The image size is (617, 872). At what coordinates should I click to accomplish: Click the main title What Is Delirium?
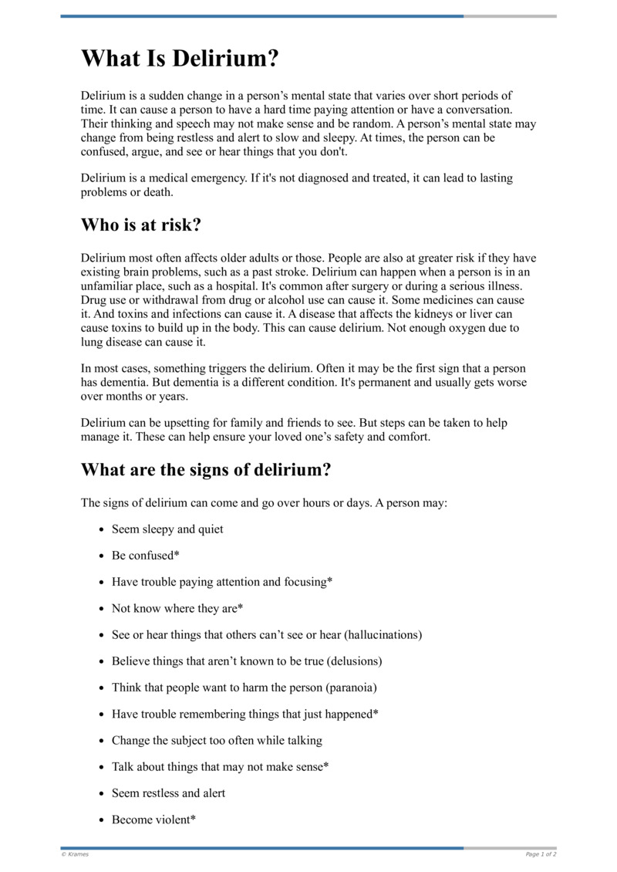point(180,59)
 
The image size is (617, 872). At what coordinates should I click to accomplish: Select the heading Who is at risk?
point(142,225)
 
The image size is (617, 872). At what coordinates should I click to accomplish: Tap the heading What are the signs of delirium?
point(206,469)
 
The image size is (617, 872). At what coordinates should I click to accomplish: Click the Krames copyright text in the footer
point(75,854)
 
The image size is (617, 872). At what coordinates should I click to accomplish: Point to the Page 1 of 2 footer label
point(541,854)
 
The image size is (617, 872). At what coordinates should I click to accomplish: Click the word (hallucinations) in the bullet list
point(383,635)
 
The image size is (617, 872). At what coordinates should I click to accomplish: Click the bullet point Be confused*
point(145,556)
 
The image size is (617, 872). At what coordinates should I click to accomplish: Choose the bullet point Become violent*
point(153,820)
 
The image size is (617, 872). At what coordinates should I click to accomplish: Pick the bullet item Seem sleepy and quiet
point(167,529)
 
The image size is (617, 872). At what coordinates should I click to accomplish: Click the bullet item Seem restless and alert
point(168,793)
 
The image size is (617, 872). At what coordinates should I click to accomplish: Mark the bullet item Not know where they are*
point(177,609)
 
